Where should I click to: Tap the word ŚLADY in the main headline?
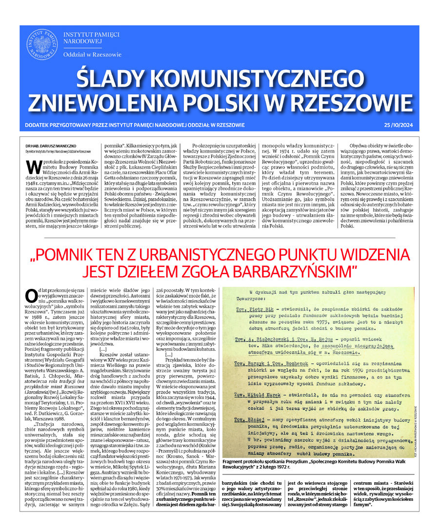tap(112, 78)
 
